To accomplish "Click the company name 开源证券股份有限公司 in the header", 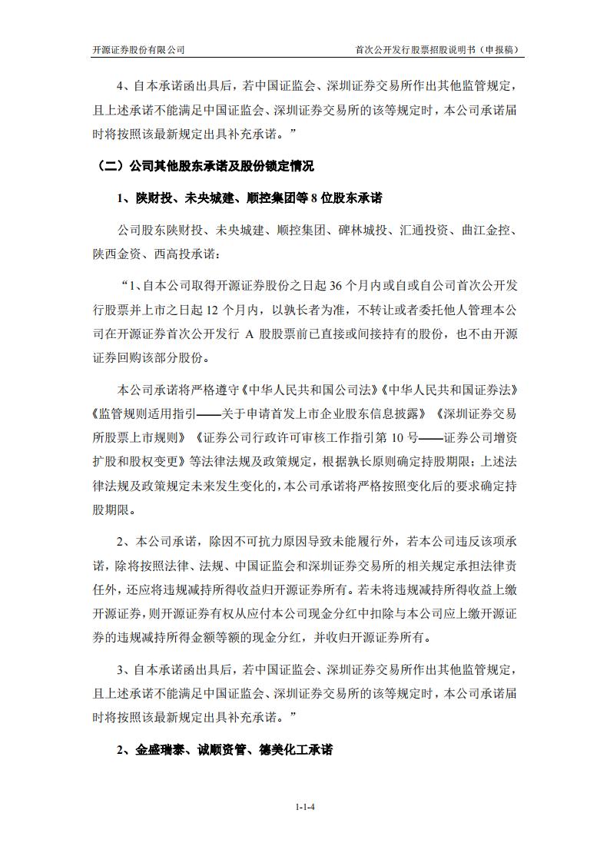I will [x=138, y=49].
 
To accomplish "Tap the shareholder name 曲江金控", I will [x=489, y=230].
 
